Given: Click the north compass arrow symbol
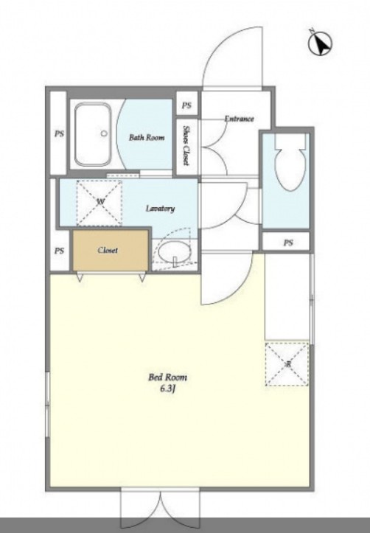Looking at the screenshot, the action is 320,43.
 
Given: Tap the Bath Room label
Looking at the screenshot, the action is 147,137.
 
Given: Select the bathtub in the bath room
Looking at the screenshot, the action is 93,135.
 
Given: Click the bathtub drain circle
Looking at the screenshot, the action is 104,133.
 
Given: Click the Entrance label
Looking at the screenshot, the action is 239,119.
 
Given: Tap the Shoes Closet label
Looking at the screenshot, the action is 186,145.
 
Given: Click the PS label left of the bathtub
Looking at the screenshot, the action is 59,134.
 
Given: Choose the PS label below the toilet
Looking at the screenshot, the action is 288,243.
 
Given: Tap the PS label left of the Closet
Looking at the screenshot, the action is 59,251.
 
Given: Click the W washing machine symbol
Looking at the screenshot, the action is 100,203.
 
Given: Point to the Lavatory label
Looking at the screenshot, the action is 160,209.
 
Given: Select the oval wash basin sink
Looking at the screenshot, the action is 175,253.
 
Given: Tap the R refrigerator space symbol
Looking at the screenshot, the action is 287,364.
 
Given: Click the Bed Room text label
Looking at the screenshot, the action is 167,377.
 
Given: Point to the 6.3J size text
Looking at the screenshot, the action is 167,389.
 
